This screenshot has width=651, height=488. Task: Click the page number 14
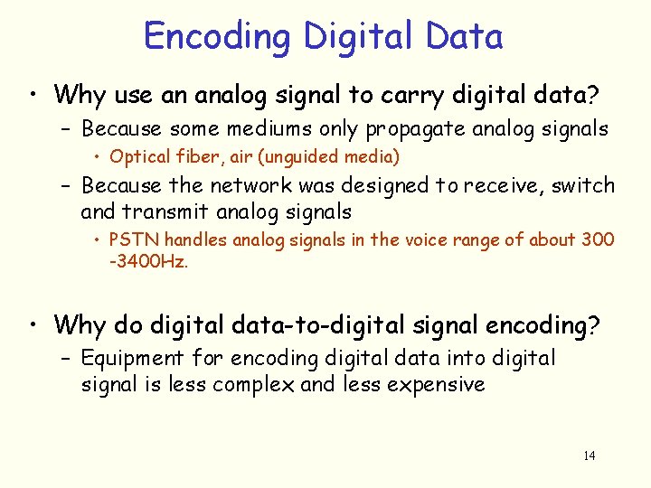[589, 455]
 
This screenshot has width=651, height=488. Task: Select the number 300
[598, 240]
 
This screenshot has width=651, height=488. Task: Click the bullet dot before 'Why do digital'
[33, 324]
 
